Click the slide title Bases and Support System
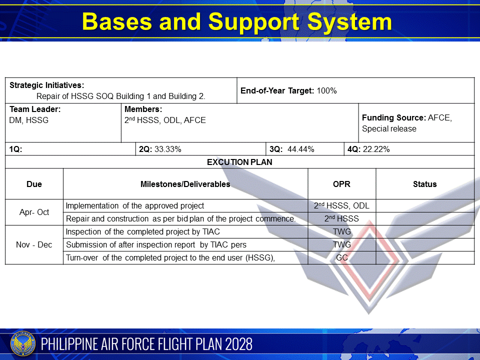tap(236, 22)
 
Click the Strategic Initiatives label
tap(46, 85)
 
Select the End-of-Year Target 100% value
tap(327, 91)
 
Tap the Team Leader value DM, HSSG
tap(29, 120)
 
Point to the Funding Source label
tap(394, 118)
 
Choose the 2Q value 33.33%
tap(168, 149)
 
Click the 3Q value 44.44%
tap(300, 149)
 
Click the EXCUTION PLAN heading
tap(239, 162)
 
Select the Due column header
tap(34, 184)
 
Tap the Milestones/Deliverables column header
tap(185, 184)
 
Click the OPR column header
tap(341, 184)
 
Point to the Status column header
tap(424, 184)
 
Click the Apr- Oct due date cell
tap(34, 212)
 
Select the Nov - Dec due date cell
tap(34, 244)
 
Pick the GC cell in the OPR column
tap(341, 258)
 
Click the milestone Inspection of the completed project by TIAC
tap(143, 232)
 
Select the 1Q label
tap(15, 149)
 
